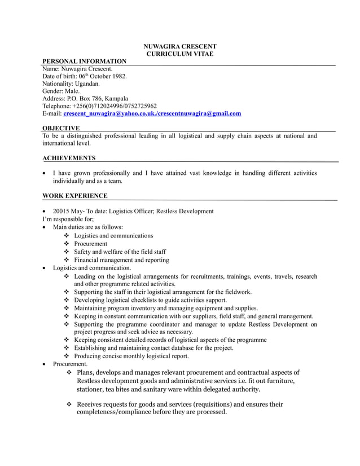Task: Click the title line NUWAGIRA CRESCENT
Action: (179, 46)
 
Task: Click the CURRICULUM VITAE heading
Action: (179, 54)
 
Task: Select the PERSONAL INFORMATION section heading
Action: (85, 61)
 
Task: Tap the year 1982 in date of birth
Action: (119, 76)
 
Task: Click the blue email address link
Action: (152, 113)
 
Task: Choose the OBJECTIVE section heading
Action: (61, 129)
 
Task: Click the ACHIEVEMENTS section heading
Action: (69, 158)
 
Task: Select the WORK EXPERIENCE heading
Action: (74, 196)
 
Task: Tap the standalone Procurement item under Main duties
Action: (90, 244)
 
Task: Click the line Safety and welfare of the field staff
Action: (120, 252)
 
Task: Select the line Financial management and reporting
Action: (121, 260)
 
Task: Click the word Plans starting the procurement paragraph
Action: (85, 372)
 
